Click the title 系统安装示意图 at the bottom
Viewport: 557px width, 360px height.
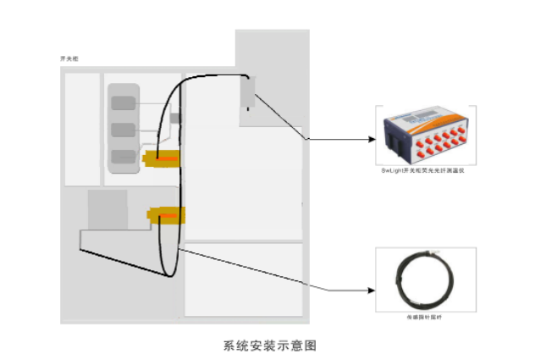pos(273,346)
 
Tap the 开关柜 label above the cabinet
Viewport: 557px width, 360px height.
pos(69,58)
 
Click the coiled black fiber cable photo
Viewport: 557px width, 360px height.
pos(424,280)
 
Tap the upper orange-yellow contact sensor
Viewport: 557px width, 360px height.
pos(162,158)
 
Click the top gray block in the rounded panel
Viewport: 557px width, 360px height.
pos(123,102)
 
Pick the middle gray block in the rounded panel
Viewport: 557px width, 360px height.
pos(123,130)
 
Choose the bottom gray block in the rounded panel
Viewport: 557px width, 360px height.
pos(123,157)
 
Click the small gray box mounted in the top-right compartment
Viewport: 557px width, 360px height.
pos(247,93)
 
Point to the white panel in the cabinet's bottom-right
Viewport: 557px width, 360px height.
pos(244,280)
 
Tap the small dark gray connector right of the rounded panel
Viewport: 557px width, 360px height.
pos(175,118)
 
